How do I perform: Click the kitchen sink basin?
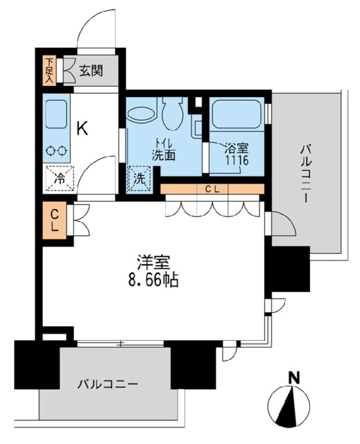click(x=55, y=112)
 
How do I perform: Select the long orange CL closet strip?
click(x=212, y=189)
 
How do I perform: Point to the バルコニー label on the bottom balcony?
click(x=108, y=384)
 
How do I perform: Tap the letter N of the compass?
click(x=294, y=378)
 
